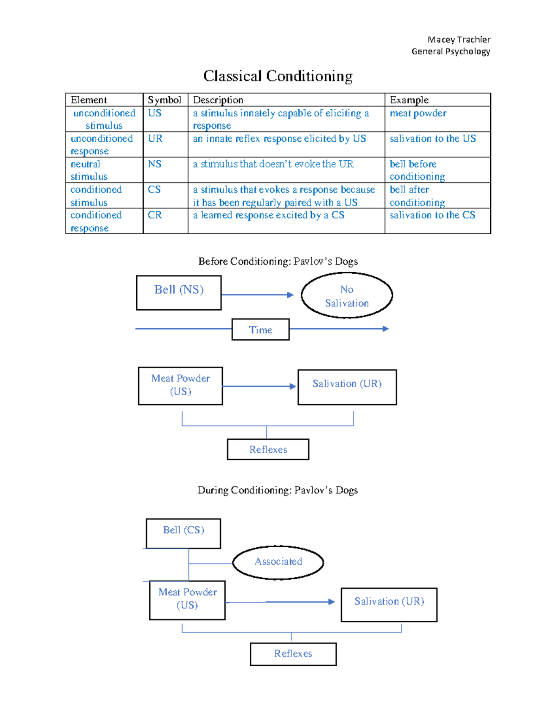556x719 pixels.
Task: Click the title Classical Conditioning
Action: click(x=278, y=76)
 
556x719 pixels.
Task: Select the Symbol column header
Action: click(x=164, y=100)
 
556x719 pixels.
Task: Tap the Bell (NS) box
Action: click(x=179, y=293)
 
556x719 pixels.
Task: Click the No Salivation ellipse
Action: click(x=347, y=295)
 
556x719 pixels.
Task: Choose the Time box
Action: click(x=260, y=330)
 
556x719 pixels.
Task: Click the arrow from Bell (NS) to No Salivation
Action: click(x=258, y=295)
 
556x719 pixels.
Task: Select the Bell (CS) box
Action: click(x=183, y=533)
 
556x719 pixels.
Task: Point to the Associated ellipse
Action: click(x=278, y=562)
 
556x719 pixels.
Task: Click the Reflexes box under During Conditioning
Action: click(x=293, y=654)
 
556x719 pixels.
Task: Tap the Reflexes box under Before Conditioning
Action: click(x=268, y=450)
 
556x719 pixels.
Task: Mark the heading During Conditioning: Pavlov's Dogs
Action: click(x=278, y=490)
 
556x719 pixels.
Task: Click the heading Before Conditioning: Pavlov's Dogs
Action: click(x=278, y=262)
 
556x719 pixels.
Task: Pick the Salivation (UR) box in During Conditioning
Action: click(x=389, y=605)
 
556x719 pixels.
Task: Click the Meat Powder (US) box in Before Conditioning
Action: click(x=180, y=386)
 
